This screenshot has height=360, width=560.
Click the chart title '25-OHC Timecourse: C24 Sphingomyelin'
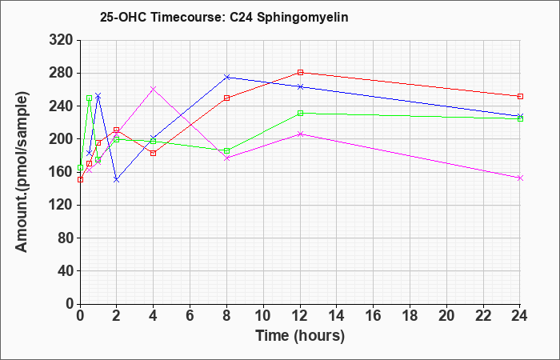[x=224, y=18]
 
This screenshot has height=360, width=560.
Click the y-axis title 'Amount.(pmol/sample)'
[x=22, y=172]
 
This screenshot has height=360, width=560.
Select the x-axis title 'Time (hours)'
[x=300, y=336]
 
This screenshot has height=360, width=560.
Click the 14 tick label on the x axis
[x=337, y=316]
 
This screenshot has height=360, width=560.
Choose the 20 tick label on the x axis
[x=446, y=316]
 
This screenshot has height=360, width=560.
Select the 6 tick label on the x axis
[x=190, y=316]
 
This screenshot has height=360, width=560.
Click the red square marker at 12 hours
[x=300, y=73]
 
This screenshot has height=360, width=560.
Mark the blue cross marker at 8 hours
[x=226, y=77]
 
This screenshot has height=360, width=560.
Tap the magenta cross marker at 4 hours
[x=154, y=89]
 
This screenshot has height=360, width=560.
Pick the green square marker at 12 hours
[x=300, y=114]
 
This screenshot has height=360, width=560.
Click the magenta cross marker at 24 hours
[x=520, y=178]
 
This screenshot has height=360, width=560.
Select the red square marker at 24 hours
[x=520, y=97]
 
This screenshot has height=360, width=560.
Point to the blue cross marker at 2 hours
[x=117, y=180]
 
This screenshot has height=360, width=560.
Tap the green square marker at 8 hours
[x=226, y=150]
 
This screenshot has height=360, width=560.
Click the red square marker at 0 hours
[x=80, y=180]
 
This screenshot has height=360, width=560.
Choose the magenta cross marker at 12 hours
[x=300, y=134]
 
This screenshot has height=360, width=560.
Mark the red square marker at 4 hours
[x=154, y=154]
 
